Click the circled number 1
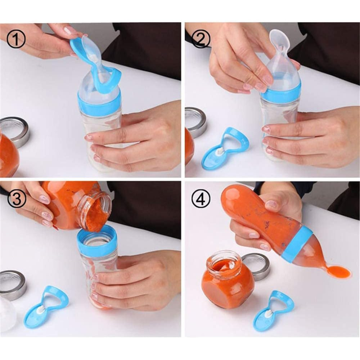coord(16,39)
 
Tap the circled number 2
coord(201,39)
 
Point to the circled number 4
coord(201,199)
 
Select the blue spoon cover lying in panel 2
coord(225,148)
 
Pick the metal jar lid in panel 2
coord(196,122)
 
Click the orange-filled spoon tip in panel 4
coord(338,272)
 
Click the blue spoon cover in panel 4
coord(273,310)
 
